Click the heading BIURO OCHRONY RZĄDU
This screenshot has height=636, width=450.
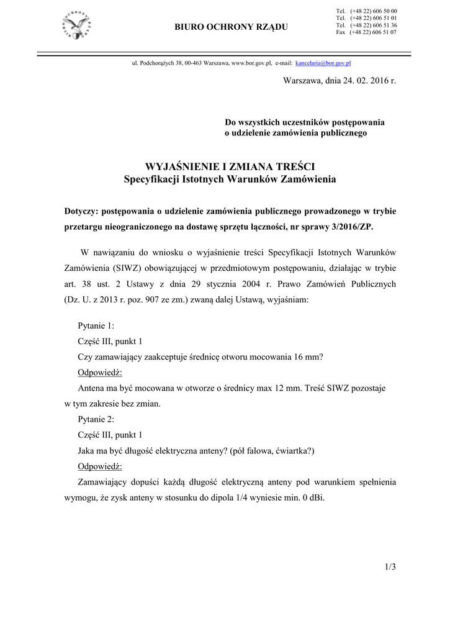(x=232, y=26)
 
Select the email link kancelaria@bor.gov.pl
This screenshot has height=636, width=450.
(x=324, y=63)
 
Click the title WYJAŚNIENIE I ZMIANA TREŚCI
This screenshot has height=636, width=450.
(x=230, y=167)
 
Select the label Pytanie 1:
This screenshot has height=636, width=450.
(x=96, y=325)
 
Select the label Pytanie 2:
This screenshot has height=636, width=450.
(x=96, y=419)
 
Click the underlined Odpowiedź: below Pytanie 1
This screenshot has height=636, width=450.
(x=100, y=372)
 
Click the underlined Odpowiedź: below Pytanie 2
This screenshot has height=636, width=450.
(x=100, y=466)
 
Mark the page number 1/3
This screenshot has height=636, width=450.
(x=390, y=566)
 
